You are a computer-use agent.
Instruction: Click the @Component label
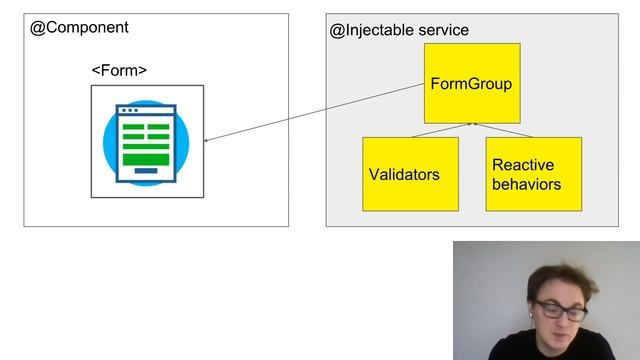tap(80, 28)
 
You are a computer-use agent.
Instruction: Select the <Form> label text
tap(119, 71)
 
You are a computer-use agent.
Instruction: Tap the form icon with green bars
tap(146, 142)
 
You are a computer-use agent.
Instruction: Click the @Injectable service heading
tap(399, 30)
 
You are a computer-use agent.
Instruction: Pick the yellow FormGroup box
tap(471, 83)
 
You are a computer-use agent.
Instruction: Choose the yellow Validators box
tap(410, 174)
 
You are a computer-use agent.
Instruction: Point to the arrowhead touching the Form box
tap(207, 140)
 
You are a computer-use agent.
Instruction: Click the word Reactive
tap(523, 165)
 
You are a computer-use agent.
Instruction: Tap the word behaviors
tap(526, 184)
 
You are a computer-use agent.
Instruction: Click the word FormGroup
tap(471, 84)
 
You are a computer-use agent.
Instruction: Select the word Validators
tap(404, 174)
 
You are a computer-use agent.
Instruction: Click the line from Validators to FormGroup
tap(440, 130)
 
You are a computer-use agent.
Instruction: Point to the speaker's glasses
tap(560, 312)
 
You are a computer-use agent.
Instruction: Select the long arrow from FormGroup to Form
tap(315, 112)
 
